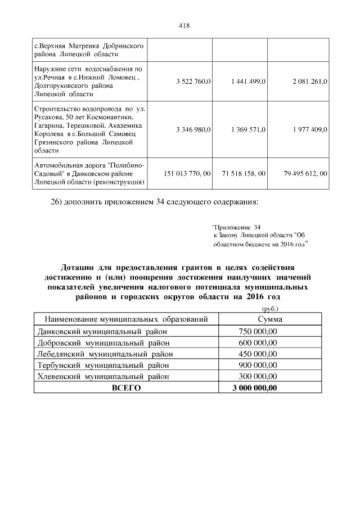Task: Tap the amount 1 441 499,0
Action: point(248,82)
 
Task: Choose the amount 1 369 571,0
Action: point(248,129)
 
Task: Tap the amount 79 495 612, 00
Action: point(306,174)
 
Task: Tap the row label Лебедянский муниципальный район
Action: point(104,354)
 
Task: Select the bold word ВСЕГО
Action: point(125,388)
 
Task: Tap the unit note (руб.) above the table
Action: point(270,308)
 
